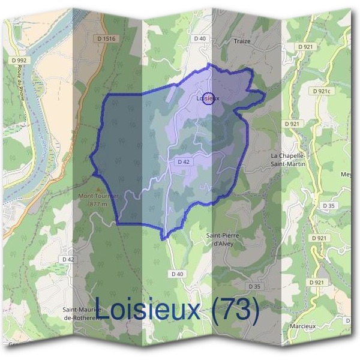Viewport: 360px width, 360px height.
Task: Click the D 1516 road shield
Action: coord(105,38)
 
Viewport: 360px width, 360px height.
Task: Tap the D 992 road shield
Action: coord(19,60)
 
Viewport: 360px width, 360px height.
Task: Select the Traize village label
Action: coord(242,42)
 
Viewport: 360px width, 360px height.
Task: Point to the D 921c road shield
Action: coord(321,91)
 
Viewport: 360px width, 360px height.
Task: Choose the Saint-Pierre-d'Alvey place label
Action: coord(223,239)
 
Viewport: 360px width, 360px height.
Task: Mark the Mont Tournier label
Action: coord(98,196)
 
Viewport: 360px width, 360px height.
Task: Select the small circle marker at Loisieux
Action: coord(208,98)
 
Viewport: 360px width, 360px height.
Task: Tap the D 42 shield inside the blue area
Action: coord(184,162)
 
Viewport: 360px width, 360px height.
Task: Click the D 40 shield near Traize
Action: coord(200,38)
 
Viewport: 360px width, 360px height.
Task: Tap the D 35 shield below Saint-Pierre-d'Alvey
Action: coord(254,287)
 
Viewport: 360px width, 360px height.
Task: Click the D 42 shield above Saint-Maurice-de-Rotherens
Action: coord(67,259)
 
